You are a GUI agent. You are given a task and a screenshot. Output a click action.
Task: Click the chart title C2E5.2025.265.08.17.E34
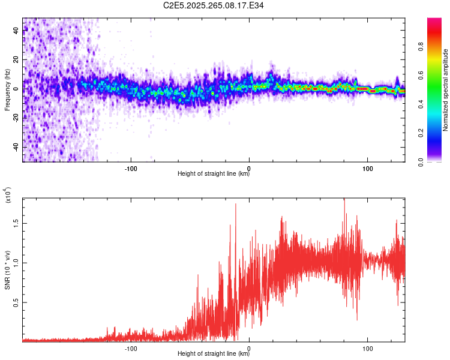pyautogui.click(x=214, y=5)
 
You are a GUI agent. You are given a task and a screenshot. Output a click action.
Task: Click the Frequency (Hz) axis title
pyautogui.click(x=7, y=89)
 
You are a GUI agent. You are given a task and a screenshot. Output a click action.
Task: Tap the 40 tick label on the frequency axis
pyautogui.click(x=16, y=31)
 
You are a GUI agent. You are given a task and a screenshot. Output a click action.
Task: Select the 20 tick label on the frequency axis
pyautogui.click(x=16, y=60)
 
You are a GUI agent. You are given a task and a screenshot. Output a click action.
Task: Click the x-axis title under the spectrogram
pyautogui.click(x=214, y=174)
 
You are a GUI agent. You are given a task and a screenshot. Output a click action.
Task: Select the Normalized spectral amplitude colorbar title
pyautogui.click(x=446, y=89)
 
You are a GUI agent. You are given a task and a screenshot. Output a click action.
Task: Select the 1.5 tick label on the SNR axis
pyautogui.click(x=16, y=223)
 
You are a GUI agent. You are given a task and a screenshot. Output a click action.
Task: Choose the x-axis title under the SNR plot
pyautogui.click(x=214, y=354)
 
